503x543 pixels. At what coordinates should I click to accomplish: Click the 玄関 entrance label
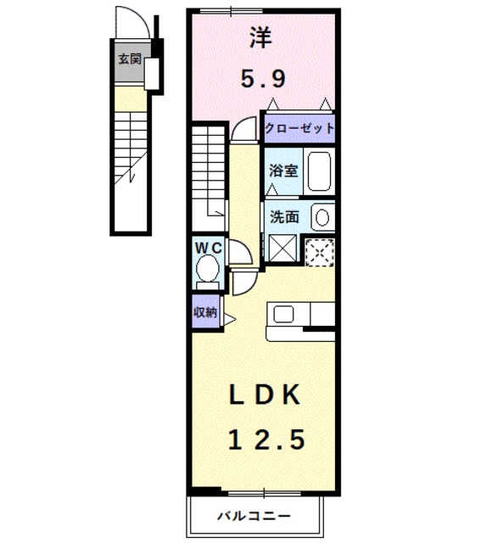(x=130, y=59)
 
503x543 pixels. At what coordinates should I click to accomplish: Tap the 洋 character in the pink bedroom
(x=262, y=37)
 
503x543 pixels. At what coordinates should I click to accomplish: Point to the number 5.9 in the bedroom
(x=263, y=79)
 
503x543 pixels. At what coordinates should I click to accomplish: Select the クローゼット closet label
(x=299, y=128)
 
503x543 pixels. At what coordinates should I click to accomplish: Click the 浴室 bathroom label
(x=283, y=171)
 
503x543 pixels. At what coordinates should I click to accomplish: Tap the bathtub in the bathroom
(x=319, y=171)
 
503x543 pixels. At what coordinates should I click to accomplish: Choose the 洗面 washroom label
(x=284, y=217)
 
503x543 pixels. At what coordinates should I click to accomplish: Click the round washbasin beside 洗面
(x=322, y=217)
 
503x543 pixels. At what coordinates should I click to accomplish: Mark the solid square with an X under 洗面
(x=282, y=248)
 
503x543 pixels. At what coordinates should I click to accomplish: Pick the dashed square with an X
(x=320, y=253)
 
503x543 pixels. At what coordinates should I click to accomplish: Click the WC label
(x=208, y=248)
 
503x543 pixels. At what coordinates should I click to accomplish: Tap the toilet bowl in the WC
(x=208, y=268)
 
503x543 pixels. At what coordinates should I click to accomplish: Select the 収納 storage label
(x=205, y=312)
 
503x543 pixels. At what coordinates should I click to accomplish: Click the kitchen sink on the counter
(x=284, y=315)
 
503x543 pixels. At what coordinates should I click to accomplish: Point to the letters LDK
(x=264, y=395)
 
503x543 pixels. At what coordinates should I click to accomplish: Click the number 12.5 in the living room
(x=266, y=439)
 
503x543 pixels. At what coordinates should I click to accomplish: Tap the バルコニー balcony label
(x=254, y=517)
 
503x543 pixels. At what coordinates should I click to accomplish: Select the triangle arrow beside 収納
(x=230, y=319)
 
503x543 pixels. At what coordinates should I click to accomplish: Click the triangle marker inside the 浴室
(x=272, y=189)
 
